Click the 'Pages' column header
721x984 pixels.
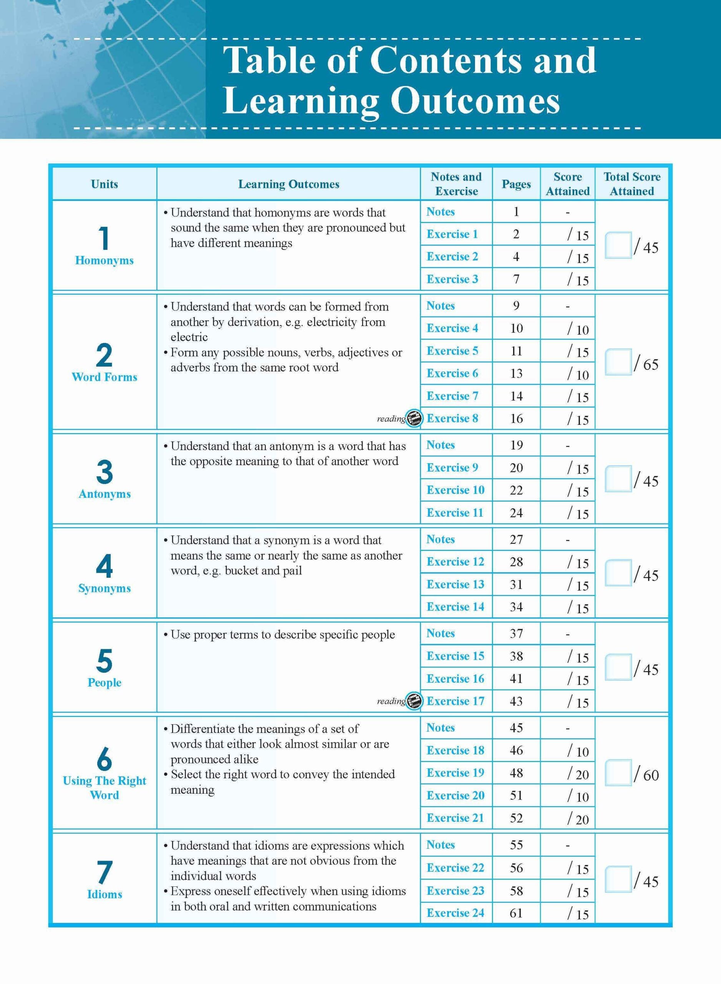516,184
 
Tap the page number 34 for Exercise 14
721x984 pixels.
516,607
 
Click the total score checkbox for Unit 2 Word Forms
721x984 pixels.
618,362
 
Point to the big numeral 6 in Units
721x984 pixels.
104,759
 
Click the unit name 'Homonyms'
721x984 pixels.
104,261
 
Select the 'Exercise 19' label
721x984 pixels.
455,773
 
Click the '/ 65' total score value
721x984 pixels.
646,364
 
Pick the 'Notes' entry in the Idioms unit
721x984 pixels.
440,845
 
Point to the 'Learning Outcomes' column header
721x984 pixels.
289,184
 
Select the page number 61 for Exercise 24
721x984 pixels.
516,913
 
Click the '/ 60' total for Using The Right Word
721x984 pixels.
646,775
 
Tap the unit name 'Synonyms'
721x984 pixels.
104,588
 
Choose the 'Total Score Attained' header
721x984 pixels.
631,184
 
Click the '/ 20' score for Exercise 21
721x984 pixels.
578,819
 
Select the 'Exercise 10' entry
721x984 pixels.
455,490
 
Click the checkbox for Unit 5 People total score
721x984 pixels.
618,667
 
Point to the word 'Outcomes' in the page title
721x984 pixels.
475,102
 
